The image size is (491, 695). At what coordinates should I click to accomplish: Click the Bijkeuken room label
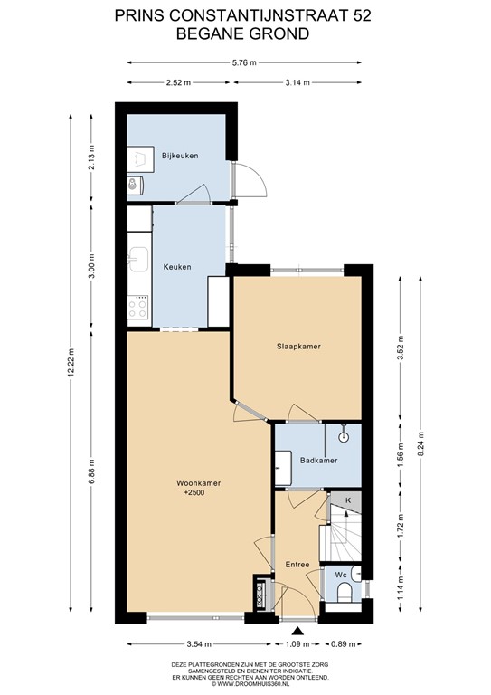180,157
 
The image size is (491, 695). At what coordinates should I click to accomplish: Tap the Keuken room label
176,267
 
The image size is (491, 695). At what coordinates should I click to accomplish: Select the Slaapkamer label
299,347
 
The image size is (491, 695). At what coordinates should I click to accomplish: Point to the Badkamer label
319,461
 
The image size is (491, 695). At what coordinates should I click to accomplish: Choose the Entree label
297,565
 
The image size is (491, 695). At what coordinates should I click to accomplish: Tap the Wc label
342,575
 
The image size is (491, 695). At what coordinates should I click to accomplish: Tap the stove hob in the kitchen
138,308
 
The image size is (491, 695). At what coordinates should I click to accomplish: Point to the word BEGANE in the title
213,33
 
